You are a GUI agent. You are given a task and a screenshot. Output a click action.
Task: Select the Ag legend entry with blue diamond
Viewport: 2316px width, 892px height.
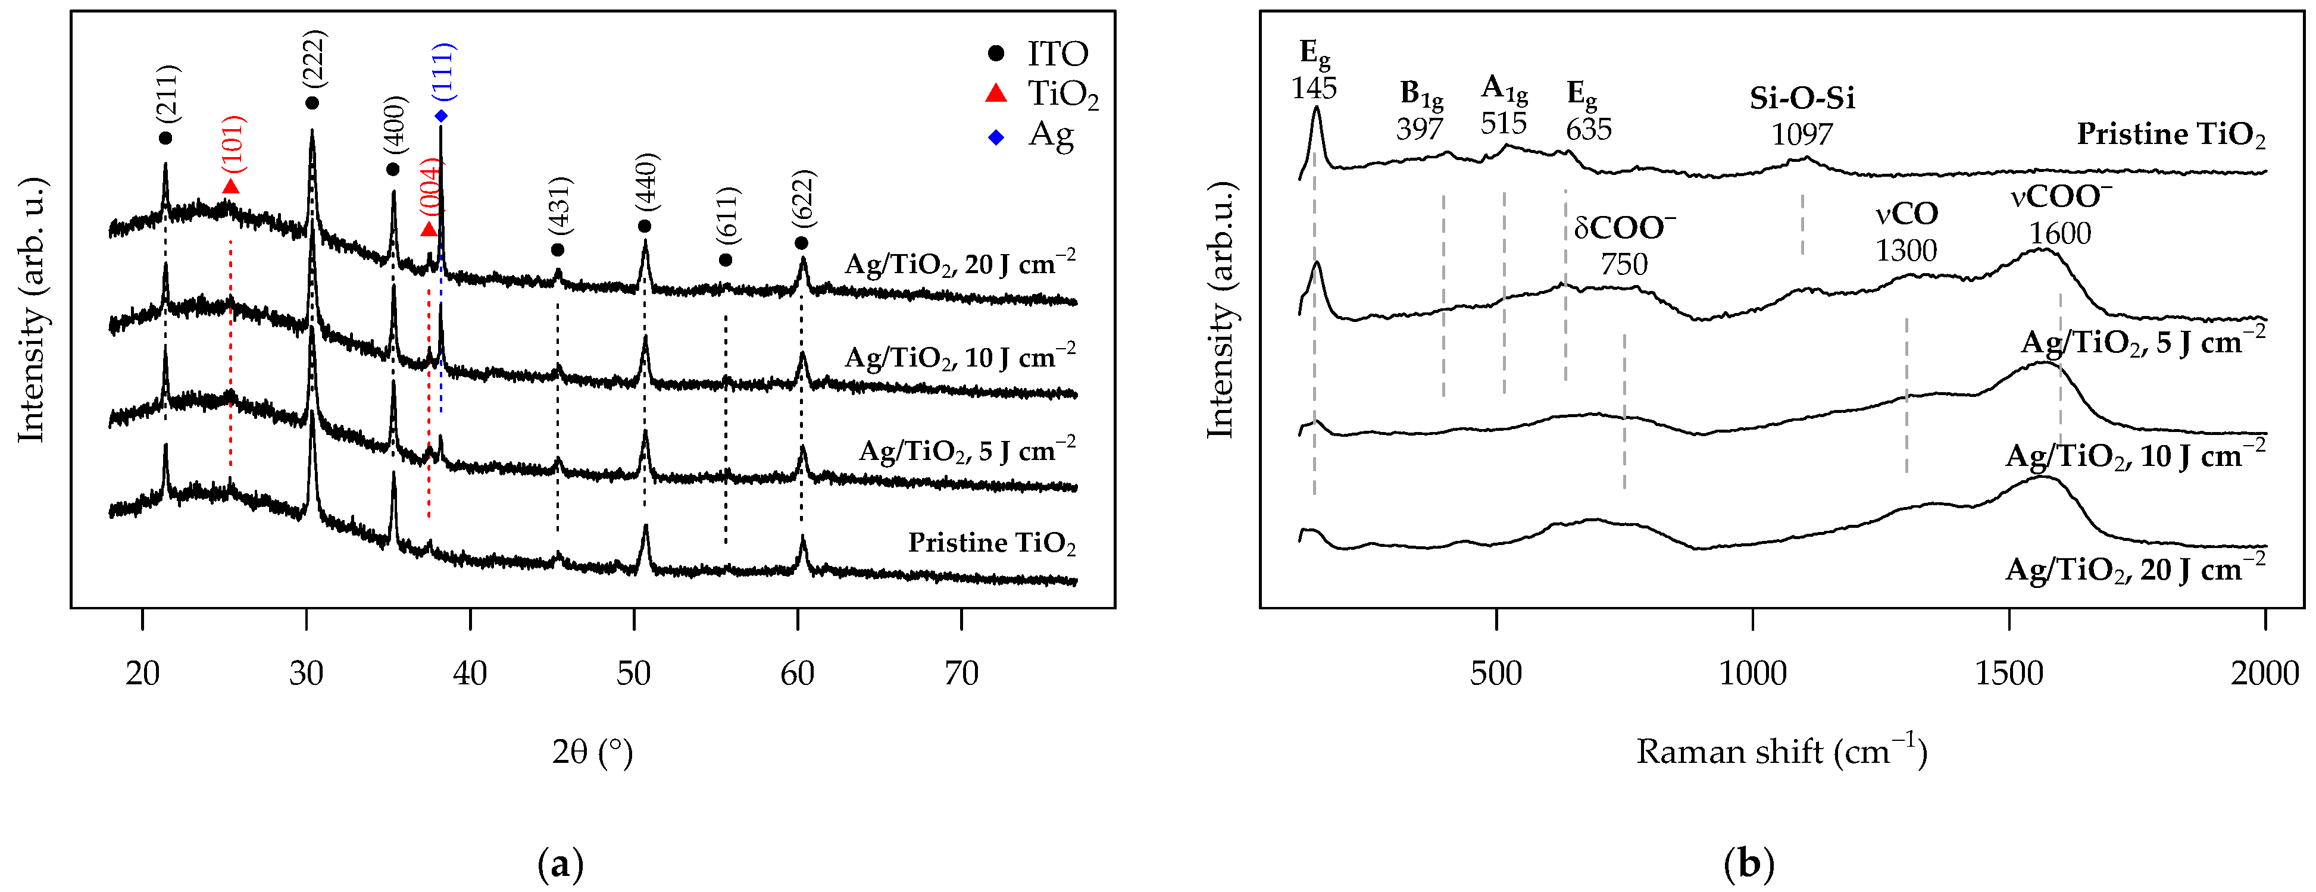point(1034,136)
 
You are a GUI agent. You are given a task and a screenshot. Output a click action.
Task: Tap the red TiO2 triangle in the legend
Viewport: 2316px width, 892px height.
point(996,93)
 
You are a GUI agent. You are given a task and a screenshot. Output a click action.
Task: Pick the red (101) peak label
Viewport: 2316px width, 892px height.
point(233,144)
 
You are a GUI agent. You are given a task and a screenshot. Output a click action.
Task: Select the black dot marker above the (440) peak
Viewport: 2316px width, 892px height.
point(645,226)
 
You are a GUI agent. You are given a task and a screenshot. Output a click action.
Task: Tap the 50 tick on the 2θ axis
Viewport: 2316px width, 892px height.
point(634,672)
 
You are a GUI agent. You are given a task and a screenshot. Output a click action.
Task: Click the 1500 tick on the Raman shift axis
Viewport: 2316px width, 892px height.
point(2008,672)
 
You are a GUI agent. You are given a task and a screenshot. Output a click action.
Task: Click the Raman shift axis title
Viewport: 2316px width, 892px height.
point(1781,752)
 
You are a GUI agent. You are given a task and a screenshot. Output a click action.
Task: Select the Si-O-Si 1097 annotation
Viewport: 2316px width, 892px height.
point(1802,115)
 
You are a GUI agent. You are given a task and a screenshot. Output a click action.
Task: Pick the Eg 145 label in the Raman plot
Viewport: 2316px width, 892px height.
point(1314,70)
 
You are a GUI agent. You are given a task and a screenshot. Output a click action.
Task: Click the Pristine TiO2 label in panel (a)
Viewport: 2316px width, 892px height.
point(991,543)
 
